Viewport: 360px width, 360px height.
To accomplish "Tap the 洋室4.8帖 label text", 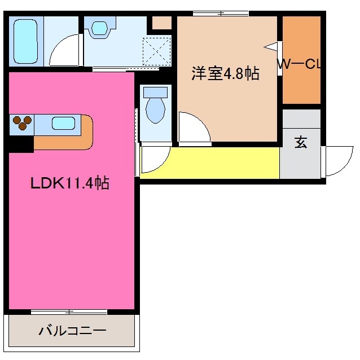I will point(225,74).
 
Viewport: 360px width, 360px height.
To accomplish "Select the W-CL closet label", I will point(298,64).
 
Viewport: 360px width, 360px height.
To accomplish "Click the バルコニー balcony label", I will point(72,331).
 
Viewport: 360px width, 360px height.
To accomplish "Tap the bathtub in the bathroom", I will point(25,41).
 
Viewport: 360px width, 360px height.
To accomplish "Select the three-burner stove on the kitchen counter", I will point(21,122).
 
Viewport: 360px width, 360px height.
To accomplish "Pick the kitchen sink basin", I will point(64,122).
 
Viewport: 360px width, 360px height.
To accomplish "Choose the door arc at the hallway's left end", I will point(153,159).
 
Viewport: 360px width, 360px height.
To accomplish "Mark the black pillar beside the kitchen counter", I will point(20,144).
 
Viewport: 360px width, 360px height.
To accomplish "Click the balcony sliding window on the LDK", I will point(69,311).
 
